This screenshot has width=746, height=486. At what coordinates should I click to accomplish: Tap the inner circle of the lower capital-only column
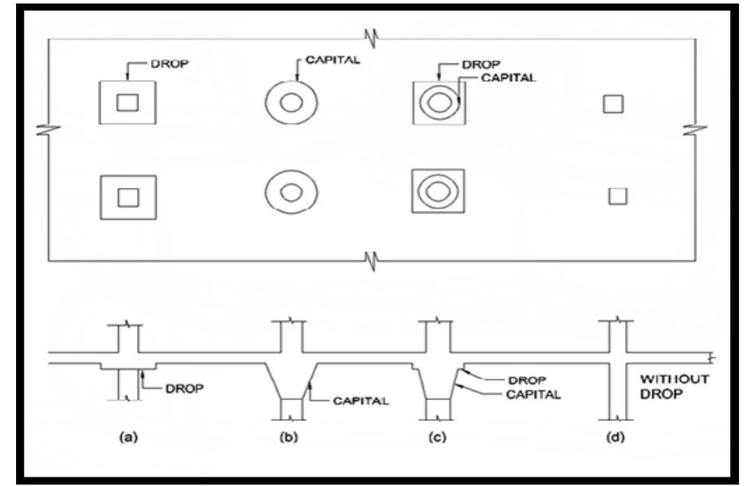pos(291,191)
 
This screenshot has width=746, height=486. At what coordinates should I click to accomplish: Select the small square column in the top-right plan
pos(613,104)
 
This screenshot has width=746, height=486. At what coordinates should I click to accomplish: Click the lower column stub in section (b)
pos(291,408)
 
